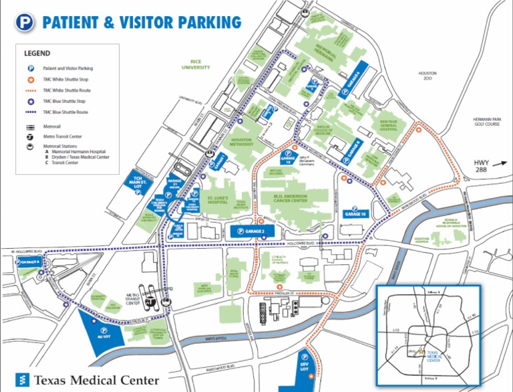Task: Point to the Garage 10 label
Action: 355,213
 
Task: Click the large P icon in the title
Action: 25,23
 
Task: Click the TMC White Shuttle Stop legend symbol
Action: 31,79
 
